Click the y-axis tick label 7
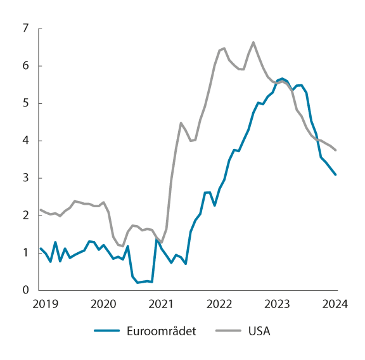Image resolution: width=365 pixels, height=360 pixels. point(25,29)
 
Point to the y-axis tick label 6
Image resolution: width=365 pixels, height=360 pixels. point(25,66)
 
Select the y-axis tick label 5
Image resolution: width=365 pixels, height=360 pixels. point(25,103)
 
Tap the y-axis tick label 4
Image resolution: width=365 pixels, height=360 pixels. point(25,141)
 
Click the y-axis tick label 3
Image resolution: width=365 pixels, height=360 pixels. point(25,178)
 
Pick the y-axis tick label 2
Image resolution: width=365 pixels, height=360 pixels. point(25,215)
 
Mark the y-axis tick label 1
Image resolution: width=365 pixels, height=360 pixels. point(25,253)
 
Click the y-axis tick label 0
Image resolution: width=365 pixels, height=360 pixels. point(25,290)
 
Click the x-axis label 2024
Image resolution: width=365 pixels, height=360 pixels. point(335,304)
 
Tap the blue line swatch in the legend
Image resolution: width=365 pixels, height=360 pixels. point(108,331)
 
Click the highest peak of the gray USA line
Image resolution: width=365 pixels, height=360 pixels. point(253,42)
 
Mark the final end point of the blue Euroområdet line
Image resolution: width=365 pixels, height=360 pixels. point(336,174)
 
